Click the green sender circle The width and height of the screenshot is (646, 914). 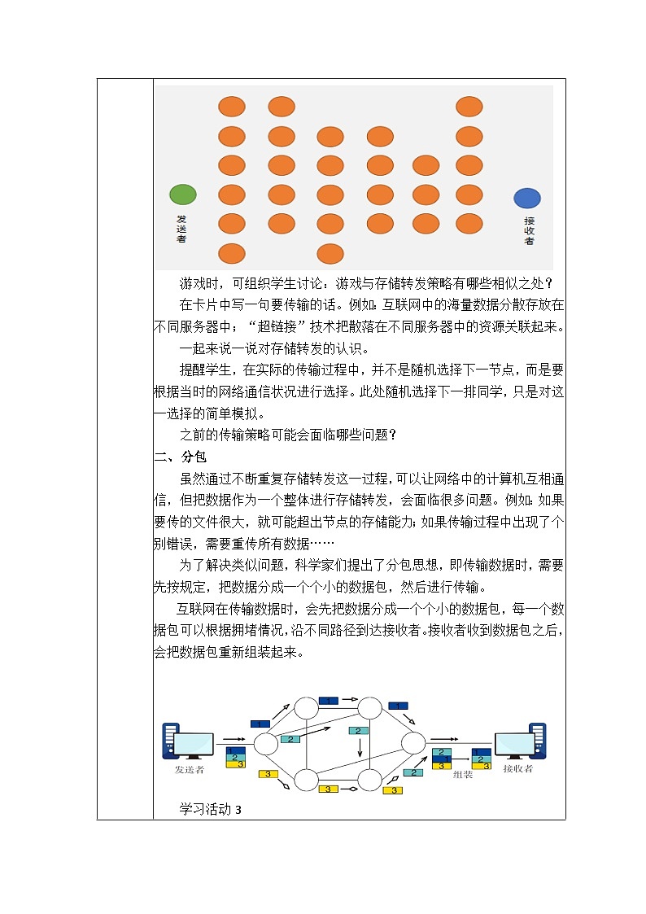pos(182,195)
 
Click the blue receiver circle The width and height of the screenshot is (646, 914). pos(527,198)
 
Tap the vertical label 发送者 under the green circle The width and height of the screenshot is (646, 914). pos(181,229)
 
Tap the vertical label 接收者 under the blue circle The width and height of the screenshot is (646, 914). pos(529,230)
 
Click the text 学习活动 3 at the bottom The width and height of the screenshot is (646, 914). pos(211,809)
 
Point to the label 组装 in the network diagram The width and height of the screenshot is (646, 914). pos(462,775)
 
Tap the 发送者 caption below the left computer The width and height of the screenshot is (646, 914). pos(189,768)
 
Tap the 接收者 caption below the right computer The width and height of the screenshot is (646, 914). pos(517,768)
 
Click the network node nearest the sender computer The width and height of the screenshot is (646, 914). pos(266,743)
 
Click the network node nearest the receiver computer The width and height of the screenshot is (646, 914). pos(412,742)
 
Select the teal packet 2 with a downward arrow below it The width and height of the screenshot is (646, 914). pos(359,731)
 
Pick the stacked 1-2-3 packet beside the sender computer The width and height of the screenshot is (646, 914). pos(235,757)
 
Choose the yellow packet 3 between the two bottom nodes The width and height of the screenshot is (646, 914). pos(328,789)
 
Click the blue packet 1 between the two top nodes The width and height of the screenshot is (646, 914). pos(327,701)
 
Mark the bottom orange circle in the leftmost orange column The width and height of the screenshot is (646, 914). pos(232,254)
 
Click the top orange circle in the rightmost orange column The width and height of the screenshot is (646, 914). pos(469,107)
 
